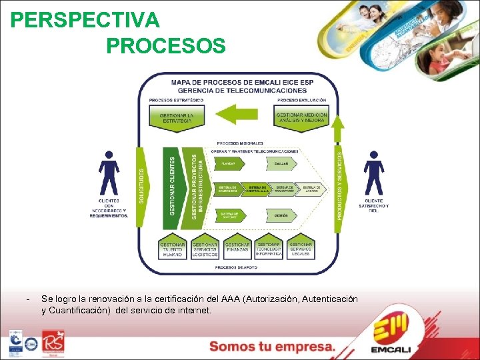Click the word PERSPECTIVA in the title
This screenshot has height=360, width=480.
[x=85, y=21]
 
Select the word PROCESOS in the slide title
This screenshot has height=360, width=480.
[x=165, y=46]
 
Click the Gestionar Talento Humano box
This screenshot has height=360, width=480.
[x=173, y=248]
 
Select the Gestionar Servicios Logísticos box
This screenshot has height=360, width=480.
[x=205, y=248]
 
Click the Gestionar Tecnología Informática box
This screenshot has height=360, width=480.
[x=269, y=248]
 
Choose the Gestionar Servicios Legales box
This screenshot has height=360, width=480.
[x=301, y=248]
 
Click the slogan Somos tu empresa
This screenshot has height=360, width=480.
[x=272, y=347]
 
